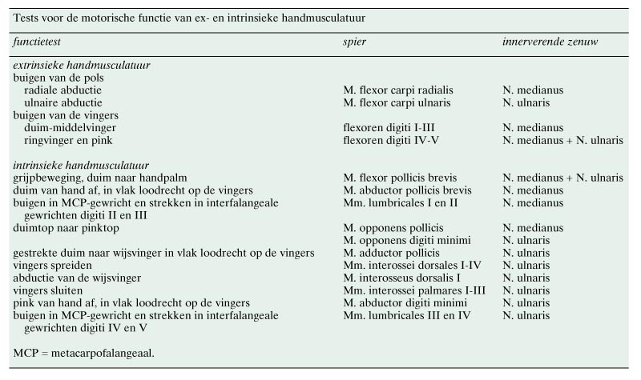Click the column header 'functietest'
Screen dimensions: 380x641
point(39,40)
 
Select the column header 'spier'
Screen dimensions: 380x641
point(356,40)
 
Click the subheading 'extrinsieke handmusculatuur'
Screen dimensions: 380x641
point(83,66)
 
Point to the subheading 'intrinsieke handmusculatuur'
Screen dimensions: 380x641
point(82,165)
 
